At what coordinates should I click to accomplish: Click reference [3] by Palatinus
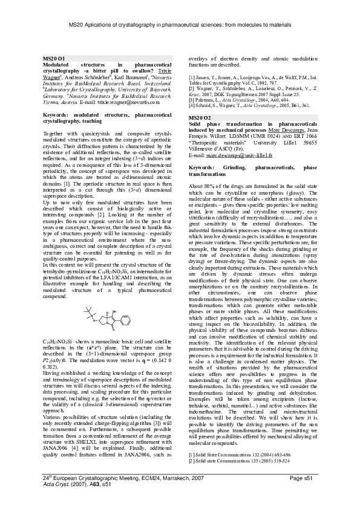242,99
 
